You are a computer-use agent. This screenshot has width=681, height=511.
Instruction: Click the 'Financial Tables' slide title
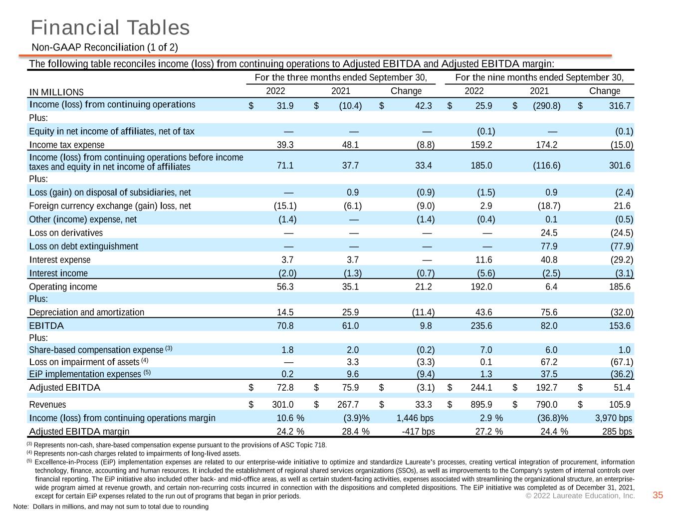point(110,27)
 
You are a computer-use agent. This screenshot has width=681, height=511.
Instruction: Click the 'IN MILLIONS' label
point(56,92)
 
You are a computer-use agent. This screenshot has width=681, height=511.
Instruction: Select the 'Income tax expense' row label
point(67,145)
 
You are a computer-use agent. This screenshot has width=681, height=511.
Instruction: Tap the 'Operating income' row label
point(63,286)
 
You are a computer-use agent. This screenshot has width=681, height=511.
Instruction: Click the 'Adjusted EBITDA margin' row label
point(79,431)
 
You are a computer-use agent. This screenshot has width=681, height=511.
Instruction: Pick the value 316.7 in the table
point(620,106)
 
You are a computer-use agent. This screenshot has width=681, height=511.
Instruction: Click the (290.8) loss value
point(547,106)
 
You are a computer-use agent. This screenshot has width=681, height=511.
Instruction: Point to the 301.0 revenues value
point(283,405)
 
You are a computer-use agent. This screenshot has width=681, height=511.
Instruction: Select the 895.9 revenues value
point(481,405)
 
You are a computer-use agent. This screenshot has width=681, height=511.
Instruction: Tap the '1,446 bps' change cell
point(415,418)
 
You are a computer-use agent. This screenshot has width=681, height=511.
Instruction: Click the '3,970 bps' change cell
point(613,418)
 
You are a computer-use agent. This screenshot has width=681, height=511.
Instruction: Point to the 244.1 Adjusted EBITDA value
point(481,388)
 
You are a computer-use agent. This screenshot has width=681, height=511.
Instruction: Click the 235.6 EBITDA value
point(481,326)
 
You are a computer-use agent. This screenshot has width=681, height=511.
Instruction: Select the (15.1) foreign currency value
point(285,206)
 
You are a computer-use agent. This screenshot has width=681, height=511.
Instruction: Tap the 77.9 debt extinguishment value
point(549,247)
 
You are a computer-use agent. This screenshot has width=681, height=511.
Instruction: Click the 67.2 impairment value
point(549,362)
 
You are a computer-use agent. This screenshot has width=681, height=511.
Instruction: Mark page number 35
point(658,495)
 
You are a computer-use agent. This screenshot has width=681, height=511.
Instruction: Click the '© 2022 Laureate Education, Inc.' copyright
point(580,496)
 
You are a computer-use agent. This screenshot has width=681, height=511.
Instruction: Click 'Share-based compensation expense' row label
point(96,350)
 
